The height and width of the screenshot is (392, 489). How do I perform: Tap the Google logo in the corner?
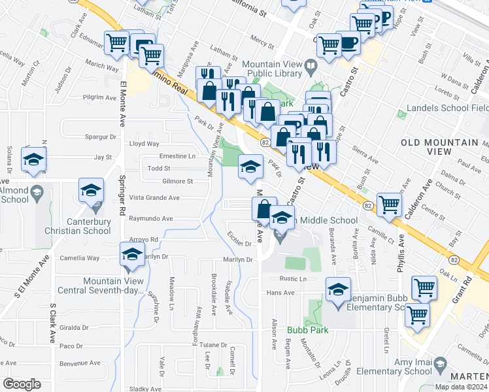coord(22,384)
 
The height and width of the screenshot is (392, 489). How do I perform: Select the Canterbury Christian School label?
coord(83,226)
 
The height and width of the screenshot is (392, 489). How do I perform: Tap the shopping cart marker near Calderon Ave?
coord(389,204)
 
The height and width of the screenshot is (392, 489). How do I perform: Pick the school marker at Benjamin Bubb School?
coord(338,289)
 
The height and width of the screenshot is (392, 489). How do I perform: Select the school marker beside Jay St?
coord(33,159)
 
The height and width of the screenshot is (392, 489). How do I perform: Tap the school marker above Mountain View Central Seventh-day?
coord(132,255)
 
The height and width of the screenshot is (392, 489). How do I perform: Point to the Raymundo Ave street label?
coord(150,218)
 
